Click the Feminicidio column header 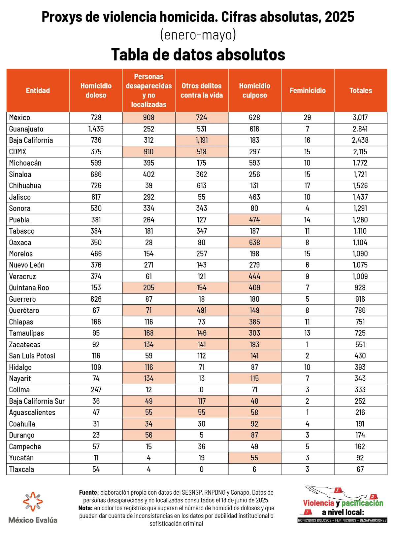point(308,91)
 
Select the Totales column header point(361,91)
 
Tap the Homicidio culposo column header point(254,91)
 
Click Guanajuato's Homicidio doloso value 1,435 point(96,129)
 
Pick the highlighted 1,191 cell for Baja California point(202,140)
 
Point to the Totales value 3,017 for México point(360,117)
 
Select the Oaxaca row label point(20,242)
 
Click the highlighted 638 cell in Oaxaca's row point(254,242)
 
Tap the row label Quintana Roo point(29,287)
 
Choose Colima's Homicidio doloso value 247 point(96,390)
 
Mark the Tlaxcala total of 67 point(360,469)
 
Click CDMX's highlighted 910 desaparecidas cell point(148,152)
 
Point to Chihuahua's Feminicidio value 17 point(307,186)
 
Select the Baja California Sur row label point(37,401)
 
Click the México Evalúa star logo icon point(33,502)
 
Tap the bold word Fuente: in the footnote point(89,492)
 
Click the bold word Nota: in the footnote point(85,508)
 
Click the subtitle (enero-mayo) point(198,35)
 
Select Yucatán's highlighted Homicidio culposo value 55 point(254,458)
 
